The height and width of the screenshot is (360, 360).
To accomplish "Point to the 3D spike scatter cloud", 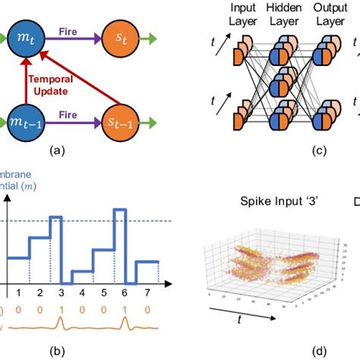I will point(254,262).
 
